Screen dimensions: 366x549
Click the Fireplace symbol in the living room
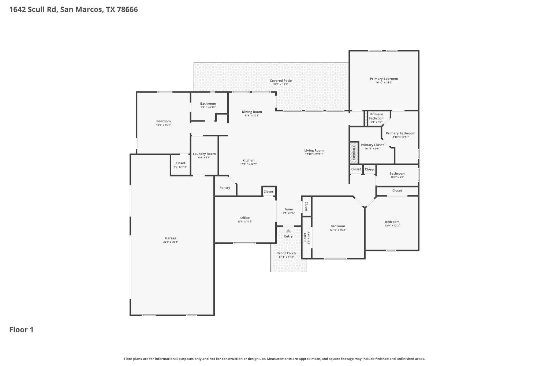(354, 153)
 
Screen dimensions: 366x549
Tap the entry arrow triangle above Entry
(288, 231)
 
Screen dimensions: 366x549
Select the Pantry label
(225, 188)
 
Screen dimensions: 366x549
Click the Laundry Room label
(204, 154)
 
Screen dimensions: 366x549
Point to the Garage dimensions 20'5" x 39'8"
(171, 242)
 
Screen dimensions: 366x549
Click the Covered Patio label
(281, 81)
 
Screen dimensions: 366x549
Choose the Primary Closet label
(372, 145)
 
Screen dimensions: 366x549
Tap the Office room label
(245, 218)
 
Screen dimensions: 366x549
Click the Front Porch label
(287, 253)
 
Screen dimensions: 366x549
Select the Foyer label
(289, 209)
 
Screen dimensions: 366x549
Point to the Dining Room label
(252, 112)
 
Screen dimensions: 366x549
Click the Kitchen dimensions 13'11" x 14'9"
(248, 164)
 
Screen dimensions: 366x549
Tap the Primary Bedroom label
(384, 79)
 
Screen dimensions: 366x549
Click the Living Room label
(314, 150)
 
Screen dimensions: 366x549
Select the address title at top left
(74, 10)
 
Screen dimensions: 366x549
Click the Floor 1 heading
(21, 330)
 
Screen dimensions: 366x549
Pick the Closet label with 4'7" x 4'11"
(180, 163)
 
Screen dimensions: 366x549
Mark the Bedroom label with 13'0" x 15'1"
(163, 121)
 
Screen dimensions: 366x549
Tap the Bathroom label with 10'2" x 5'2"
(397, 173)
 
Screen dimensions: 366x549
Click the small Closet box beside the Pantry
(268, 191)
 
